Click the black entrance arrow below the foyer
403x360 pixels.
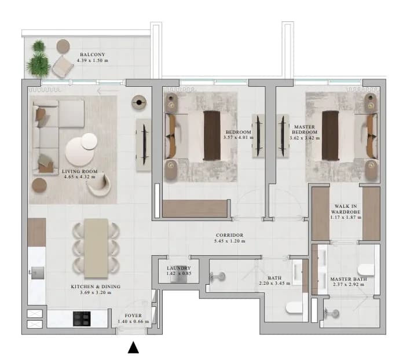[133, 347]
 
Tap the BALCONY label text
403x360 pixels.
[93, 54]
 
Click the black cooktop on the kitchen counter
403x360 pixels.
[82, 319]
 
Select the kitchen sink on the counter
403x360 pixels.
[38, 273]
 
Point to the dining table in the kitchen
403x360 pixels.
[96, 248]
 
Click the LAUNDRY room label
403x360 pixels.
[178, 268]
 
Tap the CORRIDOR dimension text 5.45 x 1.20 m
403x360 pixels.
[229, 241]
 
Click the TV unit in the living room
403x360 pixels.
[144, 145]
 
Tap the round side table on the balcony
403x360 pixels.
[63, 46]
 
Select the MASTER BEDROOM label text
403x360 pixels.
[305, 130]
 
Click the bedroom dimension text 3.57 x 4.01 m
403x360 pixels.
[239, 138]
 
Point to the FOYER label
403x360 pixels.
[133, 315]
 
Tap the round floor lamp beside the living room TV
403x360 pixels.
[139, 102]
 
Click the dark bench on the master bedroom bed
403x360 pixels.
[330, 135]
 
